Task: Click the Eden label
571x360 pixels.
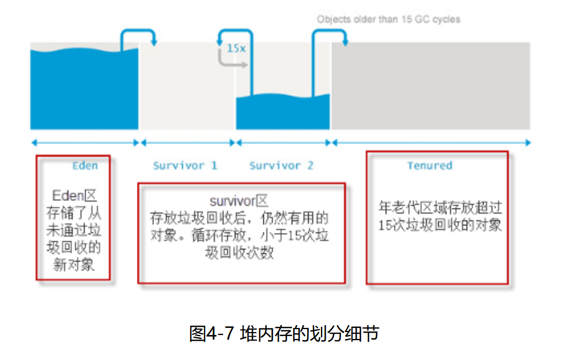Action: click(84, 165)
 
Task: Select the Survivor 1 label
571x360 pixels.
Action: click(185, 165)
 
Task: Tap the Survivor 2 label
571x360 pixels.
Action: click(281, 165)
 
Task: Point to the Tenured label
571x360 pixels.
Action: click(429, 165)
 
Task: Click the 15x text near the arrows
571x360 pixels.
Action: click(236, 48)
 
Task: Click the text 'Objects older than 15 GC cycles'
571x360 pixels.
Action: click(389, 19)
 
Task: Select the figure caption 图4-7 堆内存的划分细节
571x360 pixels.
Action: click(284, 334)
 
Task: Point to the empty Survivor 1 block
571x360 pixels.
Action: click(186, 87)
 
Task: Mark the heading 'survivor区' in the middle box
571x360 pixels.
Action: click(239, 202)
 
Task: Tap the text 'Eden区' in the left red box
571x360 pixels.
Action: click(73, 195)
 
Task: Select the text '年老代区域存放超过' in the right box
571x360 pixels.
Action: click(440, 208)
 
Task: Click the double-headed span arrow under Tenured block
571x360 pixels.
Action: click(431, 142)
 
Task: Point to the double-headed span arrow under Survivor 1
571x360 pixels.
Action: click(187, 142)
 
